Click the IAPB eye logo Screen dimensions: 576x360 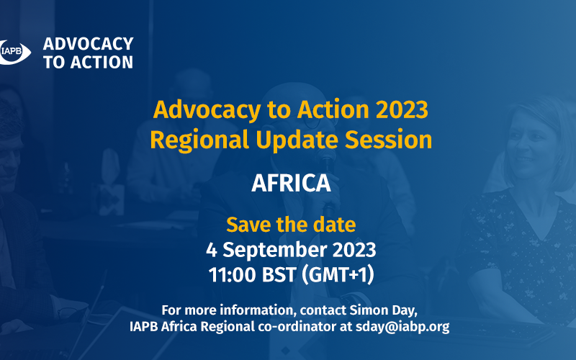pyautogui.click(x=14, y=52)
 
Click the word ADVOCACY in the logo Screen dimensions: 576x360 pyautogui.click(x=88, y=44)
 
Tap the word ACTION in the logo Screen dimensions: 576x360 pyautogui.click(x=102, y=62)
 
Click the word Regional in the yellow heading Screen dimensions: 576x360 pyautogui.click(x=199, y=140)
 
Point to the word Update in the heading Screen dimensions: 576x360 pyautogui.click(x=297, y=140)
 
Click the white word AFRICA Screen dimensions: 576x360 pyautogui.click(x=291, y=183)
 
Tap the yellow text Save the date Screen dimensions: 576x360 pyautogui.click(x=291, y=225)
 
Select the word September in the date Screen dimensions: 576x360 pyautogui.click(x=275, y=251)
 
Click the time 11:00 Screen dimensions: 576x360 pyautogui.click(x=232, y=275)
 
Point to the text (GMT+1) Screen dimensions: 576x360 pyautogui.click(x=338, y=275)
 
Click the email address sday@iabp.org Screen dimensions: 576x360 pyautogui.click(x=402, y=327)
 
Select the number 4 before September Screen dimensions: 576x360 pyautogui.click(x=211, y=250)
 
